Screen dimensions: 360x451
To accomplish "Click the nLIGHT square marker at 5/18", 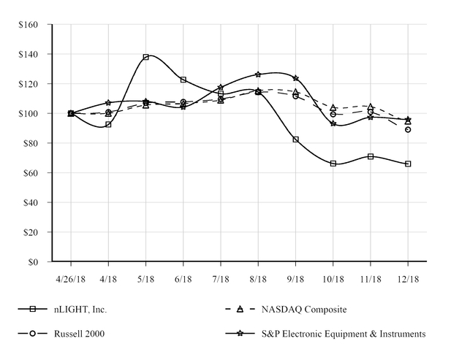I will (146, 57).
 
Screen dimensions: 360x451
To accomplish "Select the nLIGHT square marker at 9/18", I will (296, 139).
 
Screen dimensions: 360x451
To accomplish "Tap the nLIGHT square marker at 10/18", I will (333, 164).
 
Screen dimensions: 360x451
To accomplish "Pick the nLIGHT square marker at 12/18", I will (408, 164).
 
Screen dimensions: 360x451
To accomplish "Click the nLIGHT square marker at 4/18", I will (108, 125).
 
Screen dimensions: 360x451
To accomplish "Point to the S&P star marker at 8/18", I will (258, 74).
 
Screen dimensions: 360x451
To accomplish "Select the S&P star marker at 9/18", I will (296, 78).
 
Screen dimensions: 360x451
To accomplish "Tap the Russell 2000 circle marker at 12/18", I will (408, 129).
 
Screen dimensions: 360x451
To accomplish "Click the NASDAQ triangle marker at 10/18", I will (333, 107).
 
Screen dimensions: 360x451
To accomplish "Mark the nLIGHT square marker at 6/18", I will (183, 80).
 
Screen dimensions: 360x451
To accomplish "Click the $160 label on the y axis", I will (29, 24).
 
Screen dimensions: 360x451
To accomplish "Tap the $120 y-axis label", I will (29, 84).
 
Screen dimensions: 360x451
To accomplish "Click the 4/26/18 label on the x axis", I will (71, 279).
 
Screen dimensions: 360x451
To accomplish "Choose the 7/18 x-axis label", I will (221, 279).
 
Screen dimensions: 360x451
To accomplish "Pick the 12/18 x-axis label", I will (408, 279).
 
